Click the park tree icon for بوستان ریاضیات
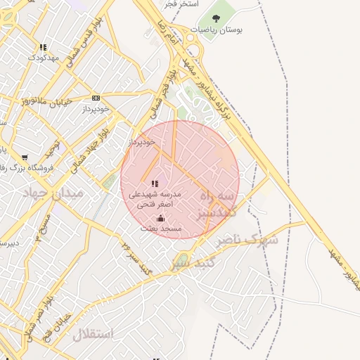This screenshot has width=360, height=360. pos(214,18)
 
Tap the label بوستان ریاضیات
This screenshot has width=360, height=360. pos(214,30)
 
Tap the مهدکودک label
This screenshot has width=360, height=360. pos(44,58)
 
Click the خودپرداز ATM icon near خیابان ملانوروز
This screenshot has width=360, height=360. pos(96,98)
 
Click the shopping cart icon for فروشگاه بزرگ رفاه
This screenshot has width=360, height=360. pos(25,157)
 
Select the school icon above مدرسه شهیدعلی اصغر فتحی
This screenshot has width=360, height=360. pos(155,184)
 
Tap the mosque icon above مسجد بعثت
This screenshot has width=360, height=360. pos(161,218)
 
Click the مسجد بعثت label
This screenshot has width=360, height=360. pos(161,229)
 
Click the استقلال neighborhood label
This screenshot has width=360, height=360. pos(92,334)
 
